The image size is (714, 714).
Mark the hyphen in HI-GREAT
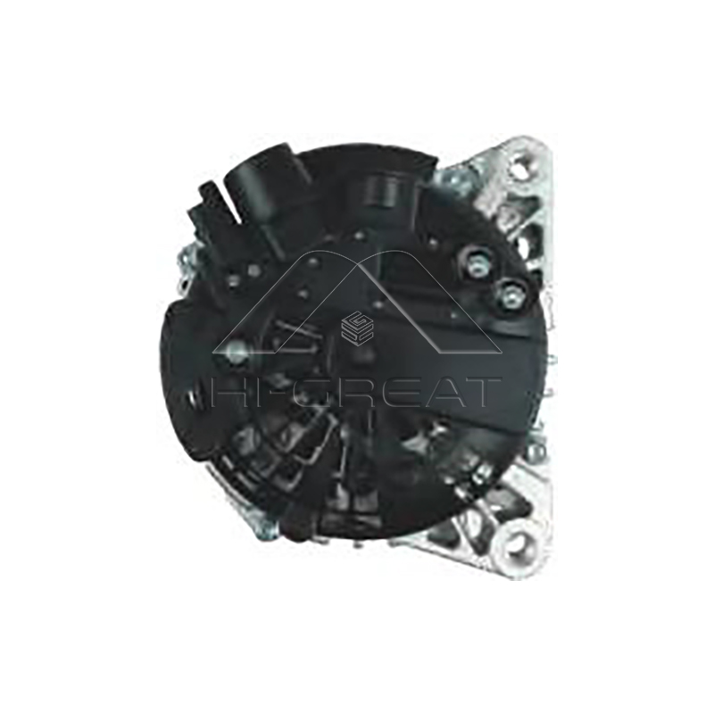[x=271, y=392]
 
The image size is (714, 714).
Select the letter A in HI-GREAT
[x=444, y=391]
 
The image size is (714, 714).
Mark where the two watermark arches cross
[x=357, y=268]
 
